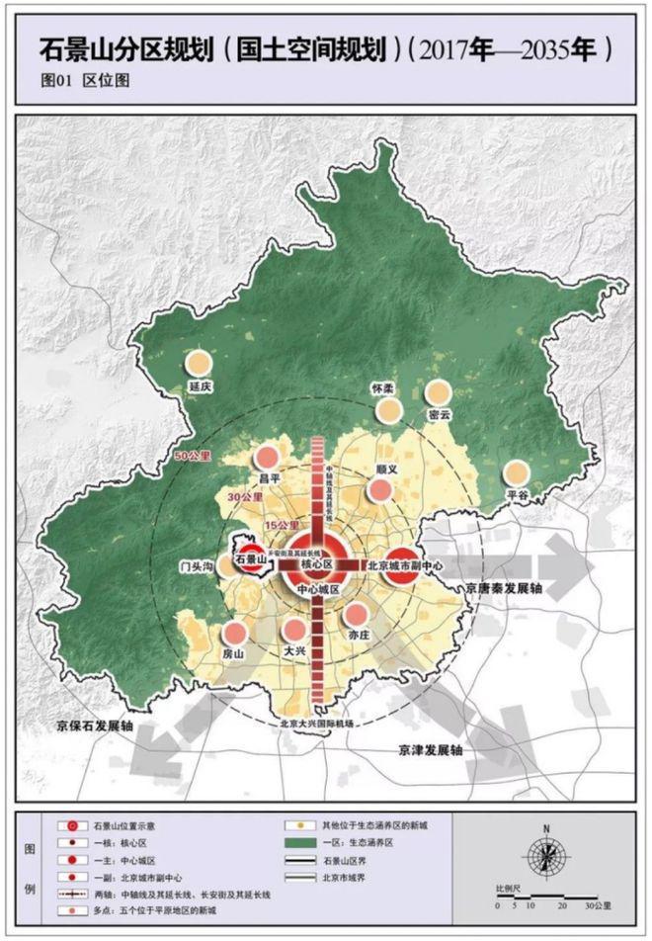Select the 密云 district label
[x=439, y=414]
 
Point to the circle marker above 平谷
[x=517, y=473]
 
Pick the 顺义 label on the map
[x=386, y=470]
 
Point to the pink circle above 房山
[x=234, y=634]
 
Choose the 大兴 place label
[x=294, y=651]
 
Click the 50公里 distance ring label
[x=189, y=457]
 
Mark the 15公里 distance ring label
[x=286, y=524]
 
